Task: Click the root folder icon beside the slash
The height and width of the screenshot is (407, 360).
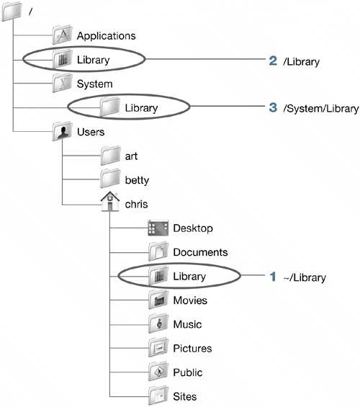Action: (x=12, y=12)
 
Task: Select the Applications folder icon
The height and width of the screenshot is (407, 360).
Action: (x=62, y=35)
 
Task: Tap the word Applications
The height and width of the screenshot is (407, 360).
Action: (x=106, y=36)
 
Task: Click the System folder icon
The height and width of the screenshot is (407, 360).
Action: (x=62, y=83)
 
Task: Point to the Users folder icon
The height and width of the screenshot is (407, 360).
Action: (x=62, y=131)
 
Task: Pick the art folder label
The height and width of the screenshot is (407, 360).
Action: (x=131, y=156)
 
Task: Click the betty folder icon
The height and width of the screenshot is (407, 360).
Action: (x=110, y=179)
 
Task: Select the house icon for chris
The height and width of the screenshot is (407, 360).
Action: (x=110, y=202)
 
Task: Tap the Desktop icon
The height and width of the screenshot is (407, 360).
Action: (x=158, y=228)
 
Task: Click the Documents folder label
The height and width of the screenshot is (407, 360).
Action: (x=200, y=252)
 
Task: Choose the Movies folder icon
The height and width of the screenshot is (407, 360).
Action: (x=158, y=300)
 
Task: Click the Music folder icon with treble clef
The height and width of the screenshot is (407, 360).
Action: (x=158, y=323)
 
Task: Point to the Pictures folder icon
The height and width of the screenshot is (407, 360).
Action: (x=158, y=348)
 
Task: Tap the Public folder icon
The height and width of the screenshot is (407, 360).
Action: (x=158, y=372)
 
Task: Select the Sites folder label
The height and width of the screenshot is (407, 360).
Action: (x=185, y=396)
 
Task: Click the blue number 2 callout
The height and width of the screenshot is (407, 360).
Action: (x=273, y=61)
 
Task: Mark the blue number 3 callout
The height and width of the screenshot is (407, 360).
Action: (x=273, y=107)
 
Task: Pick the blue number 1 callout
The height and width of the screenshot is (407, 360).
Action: (x=273, y=277)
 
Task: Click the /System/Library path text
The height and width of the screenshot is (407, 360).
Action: (x=321, y=109)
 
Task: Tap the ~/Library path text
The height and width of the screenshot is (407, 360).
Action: (x=305, y=278)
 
